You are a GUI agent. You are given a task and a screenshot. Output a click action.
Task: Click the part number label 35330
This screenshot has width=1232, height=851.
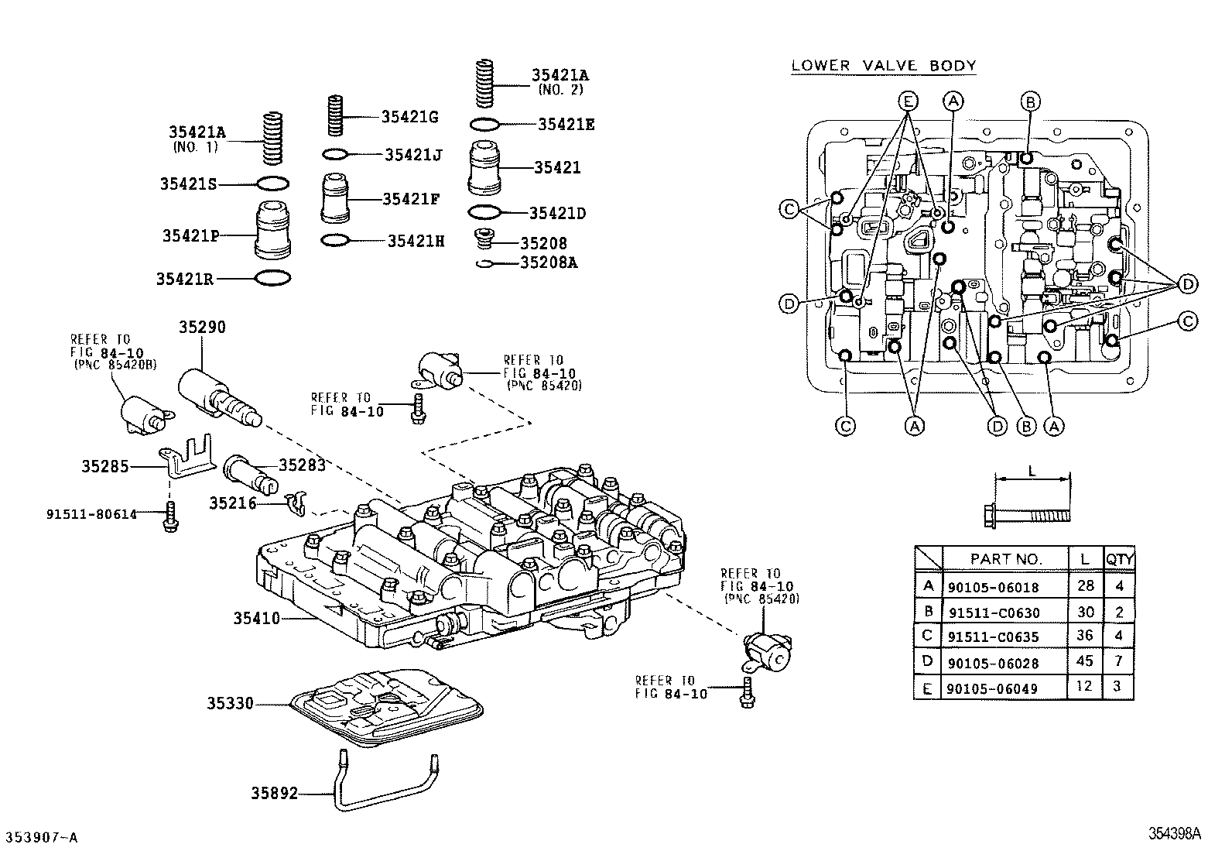(x=230, y=704)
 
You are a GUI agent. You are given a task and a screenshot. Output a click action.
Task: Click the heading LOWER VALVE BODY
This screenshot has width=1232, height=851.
(x=883, y=66)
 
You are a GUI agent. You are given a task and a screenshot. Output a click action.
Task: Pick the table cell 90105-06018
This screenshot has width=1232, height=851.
(x=993, y=587)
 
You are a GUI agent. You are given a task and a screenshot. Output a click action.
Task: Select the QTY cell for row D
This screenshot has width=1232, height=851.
(x=1119, y=661)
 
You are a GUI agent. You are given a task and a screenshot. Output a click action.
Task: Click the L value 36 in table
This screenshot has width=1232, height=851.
(x=1085, y=636)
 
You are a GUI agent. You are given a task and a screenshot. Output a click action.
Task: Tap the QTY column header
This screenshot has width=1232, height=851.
(x=1119, y=558)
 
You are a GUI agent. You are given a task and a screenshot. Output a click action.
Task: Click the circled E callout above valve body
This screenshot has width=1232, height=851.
(x=908, y=101)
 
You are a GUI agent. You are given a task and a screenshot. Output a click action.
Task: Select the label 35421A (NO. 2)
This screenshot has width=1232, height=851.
(x=560, y=81)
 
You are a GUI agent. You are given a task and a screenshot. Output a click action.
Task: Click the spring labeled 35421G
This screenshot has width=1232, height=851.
(x=336, y=116)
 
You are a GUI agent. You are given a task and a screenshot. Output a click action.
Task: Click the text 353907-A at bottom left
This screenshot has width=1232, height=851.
(x=42, y=837)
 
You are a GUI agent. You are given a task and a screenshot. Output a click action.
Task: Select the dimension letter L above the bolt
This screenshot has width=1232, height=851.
(x=1031, y=470)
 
